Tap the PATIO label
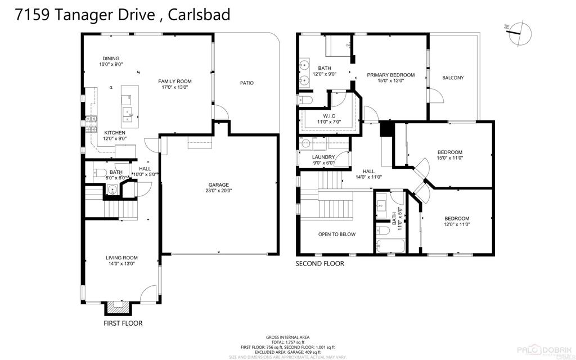pos(246,83)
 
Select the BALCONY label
pos(453,78)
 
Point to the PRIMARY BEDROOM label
pos(391,75)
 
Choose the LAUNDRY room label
pos(323,157)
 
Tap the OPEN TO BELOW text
pos(336,234)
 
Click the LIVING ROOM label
pos(121,258)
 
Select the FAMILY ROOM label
pos(174,81)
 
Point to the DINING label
pos(111,58)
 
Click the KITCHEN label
pos(115,133)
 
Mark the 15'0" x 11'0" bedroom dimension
pos(450,158)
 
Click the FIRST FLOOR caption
pos(123,323)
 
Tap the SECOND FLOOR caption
pos(320,263)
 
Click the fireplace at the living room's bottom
pos(118,307)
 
